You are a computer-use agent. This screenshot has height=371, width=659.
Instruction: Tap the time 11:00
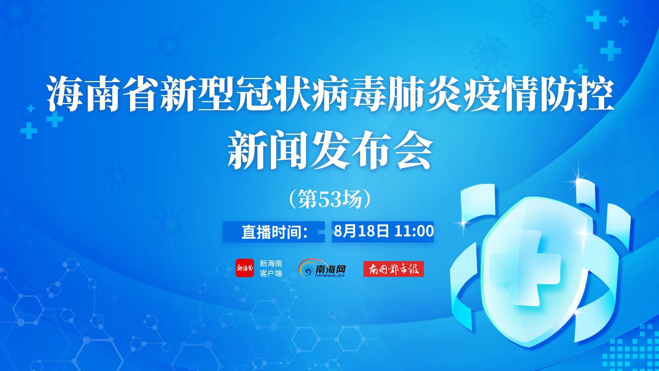pos(414,231)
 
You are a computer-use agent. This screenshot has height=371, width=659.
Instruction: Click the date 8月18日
pos(361,231)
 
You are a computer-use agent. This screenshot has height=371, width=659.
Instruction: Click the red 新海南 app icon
pos(245,268)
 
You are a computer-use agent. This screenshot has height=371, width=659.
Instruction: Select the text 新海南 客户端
pos(271,269)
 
